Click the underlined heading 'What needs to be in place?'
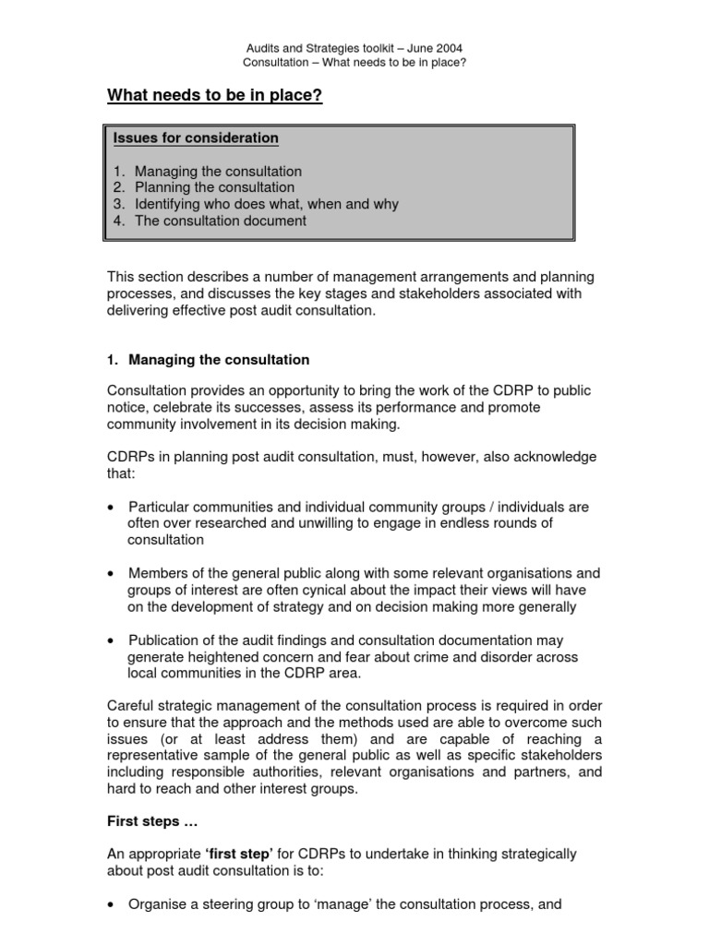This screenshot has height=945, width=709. [215, 96]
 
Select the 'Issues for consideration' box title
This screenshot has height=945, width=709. [196, 138]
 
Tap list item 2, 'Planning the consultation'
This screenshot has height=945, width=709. [214, 188]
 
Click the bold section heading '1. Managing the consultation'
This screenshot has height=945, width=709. [209, 360]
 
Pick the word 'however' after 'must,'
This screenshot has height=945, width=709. [420, 458]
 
